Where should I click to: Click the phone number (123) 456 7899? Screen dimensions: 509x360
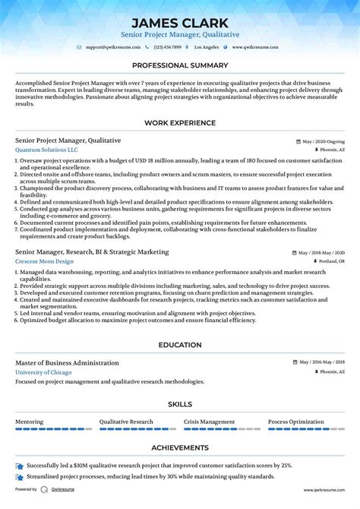pos(168,47)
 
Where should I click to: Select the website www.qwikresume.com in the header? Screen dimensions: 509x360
pos(255,47)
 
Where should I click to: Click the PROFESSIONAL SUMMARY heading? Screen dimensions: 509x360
pos(180,65)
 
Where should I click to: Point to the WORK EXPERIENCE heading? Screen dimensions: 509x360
pos(180,123)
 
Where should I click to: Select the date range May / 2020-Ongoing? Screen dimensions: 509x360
pos(323,141)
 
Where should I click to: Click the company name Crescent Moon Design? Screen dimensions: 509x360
pos(44,261)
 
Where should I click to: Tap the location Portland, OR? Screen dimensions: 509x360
pos(330,261)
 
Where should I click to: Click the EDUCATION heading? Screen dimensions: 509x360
pos(180,345)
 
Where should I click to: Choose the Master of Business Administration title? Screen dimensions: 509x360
pos(67,363)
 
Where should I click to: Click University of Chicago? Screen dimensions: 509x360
pos(43,372)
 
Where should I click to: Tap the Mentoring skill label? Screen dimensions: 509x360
pos(30,422)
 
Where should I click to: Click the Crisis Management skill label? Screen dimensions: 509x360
pos(209,422)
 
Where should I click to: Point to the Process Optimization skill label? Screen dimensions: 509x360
pos(296,422)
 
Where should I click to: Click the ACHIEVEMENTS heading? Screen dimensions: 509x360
pos(180,448)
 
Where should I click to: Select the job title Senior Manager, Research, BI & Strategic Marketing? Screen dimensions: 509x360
pos(92,251)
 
